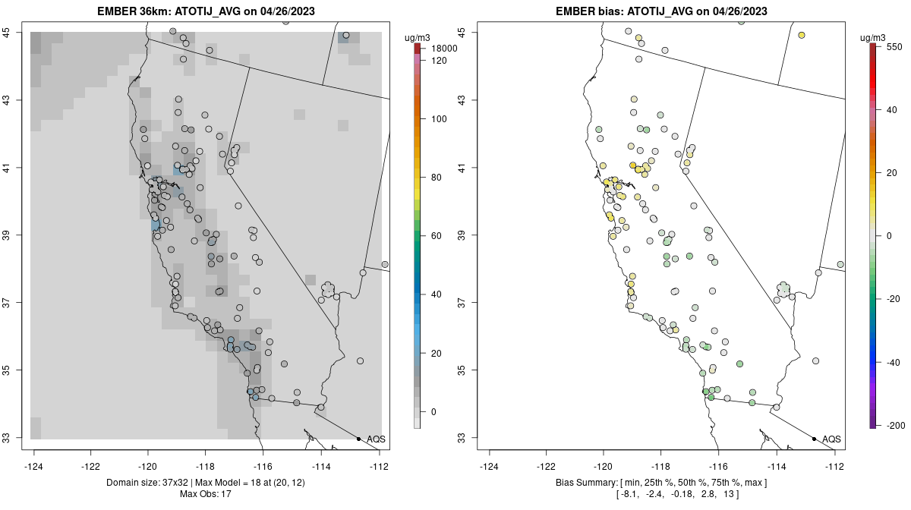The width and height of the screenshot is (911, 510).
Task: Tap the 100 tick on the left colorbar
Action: [x=439, y=119]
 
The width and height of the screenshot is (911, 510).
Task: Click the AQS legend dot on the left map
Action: [x=358, y=439]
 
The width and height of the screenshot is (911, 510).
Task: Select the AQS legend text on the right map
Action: [x=831, y=439]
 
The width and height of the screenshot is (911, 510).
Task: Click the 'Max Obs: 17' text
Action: [x=206, y=494]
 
